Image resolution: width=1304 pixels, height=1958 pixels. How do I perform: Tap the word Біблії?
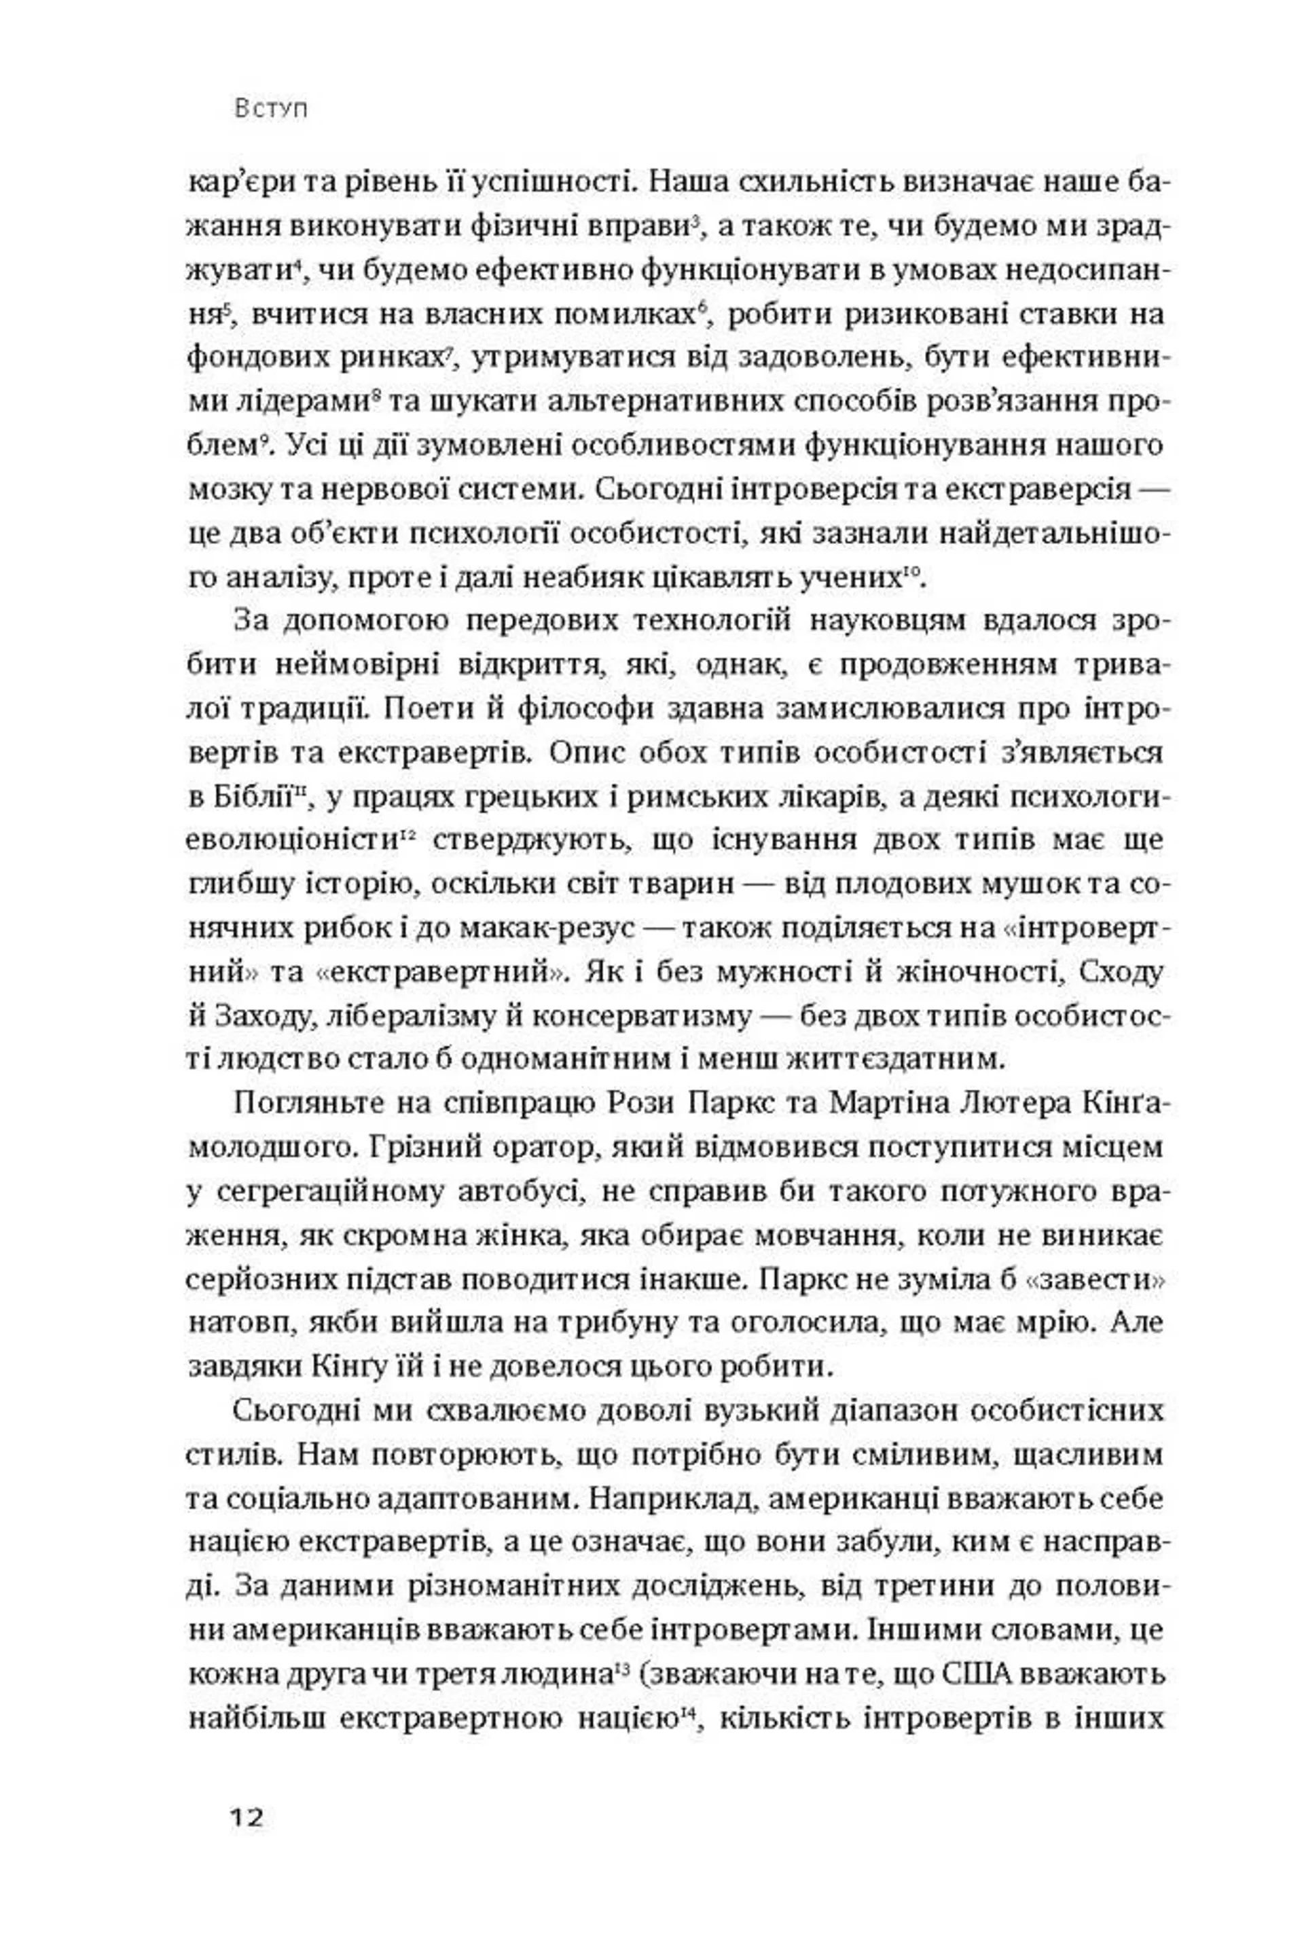(241, 799)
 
